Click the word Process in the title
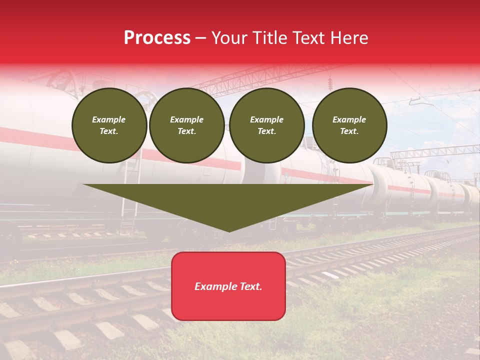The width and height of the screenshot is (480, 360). pos(157,38)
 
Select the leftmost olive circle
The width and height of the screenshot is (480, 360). pos(109,125)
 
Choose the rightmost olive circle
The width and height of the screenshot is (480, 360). pos(349,125)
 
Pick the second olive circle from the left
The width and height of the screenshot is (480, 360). pos(187,125)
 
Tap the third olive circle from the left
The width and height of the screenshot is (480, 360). pos(267,125)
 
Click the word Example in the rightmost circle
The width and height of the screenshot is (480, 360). pos(349,119)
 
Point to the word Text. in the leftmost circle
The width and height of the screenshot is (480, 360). pos(109,131)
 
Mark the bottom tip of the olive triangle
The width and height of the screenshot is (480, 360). pos(229,230)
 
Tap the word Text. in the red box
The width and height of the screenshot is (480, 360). pos(250,286)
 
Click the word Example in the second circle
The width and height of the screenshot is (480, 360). pos(187,119)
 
